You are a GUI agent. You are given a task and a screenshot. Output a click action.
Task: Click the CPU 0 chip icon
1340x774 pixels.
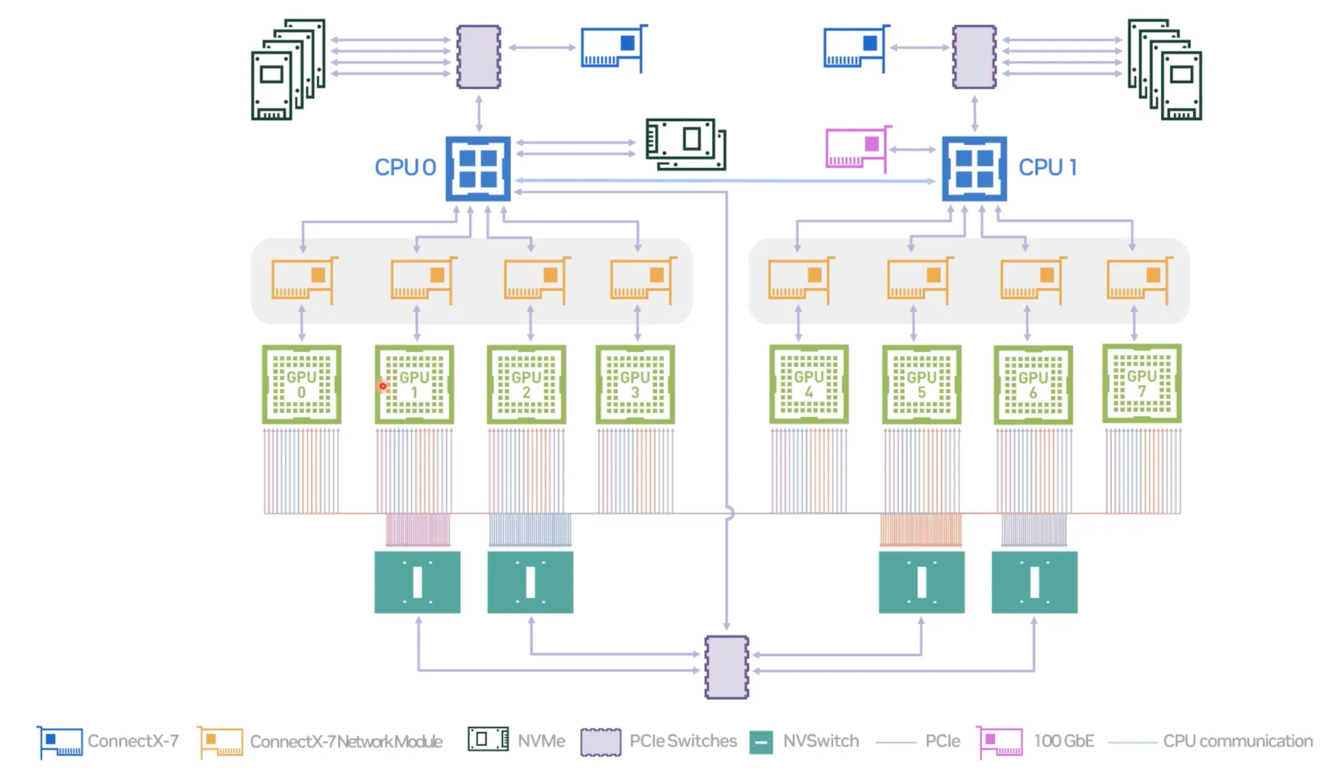click(478, 168)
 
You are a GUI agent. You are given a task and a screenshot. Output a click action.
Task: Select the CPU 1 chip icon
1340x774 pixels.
click(974, 168)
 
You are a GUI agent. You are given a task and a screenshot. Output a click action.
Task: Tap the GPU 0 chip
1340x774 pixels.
click(302, 385)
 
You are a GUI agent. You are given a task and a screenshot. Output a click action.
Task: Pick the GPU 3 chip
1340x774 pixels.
click(635, 385)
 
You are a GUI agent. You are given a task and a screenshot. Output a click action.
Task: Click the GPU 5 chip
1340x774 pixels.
click(921, 385)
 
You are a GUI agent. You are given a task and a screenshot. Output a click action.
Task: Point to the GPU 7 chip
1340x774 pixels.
click(1142, 383)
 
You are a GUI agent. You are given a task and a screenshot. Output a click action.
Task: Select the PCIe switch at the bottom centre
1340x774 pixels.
click(726, 667)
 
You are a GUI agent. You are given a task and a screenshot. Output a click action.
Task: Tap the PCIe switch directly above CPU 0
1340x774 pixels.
click(478, 57)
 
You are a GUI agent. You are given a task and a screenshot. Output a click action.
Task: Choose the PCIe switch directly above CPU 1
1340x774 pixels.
click(974, 57)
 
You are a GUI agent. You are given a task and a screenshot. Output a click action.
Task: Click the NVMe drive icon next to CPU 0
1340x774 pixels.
click(685, 143)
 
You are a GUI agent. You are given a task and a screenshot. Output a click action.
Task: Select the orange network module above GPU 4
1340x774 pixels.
click(800, 280)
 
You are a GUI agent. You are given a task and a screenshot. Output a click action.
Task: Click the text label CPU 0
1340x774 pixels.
click(405, 167)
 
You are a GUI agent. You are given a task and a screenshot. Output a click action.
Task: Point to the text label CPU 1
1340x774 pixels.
click(1047, 167)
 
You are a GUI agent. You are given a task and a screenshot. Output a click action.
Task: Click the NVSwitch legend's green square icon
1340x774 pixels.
click(761, 742)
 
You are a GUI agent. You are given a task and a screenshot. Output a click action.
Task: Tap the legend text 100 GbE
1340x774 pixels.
click(1064, 741)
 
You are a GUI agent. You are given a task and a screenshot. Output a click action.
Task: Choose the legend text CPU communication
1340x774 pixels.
click(1237, 741)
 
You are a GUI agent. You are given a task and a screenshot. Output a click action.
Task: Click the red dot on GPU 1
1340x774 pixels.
click(383, 386)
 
